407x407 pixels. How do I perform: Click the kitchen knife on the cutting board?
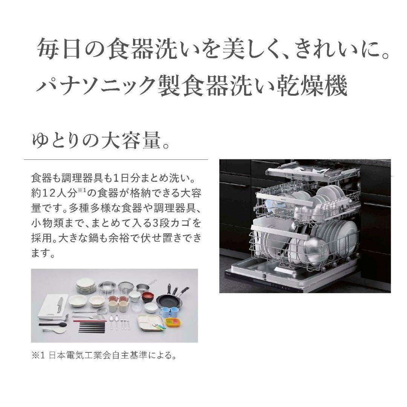[60, 304]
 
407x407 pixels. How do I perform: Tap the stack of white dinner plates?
[86, 286]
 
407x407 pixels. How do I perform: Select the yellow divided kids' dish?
[173, 322]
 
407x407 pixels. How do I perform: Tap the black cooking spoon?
[53, 324]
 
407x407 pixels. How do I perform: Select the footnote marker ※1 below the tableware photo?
[38, 356]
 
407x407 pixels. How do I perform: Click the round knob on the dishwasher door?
[264, 276]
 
